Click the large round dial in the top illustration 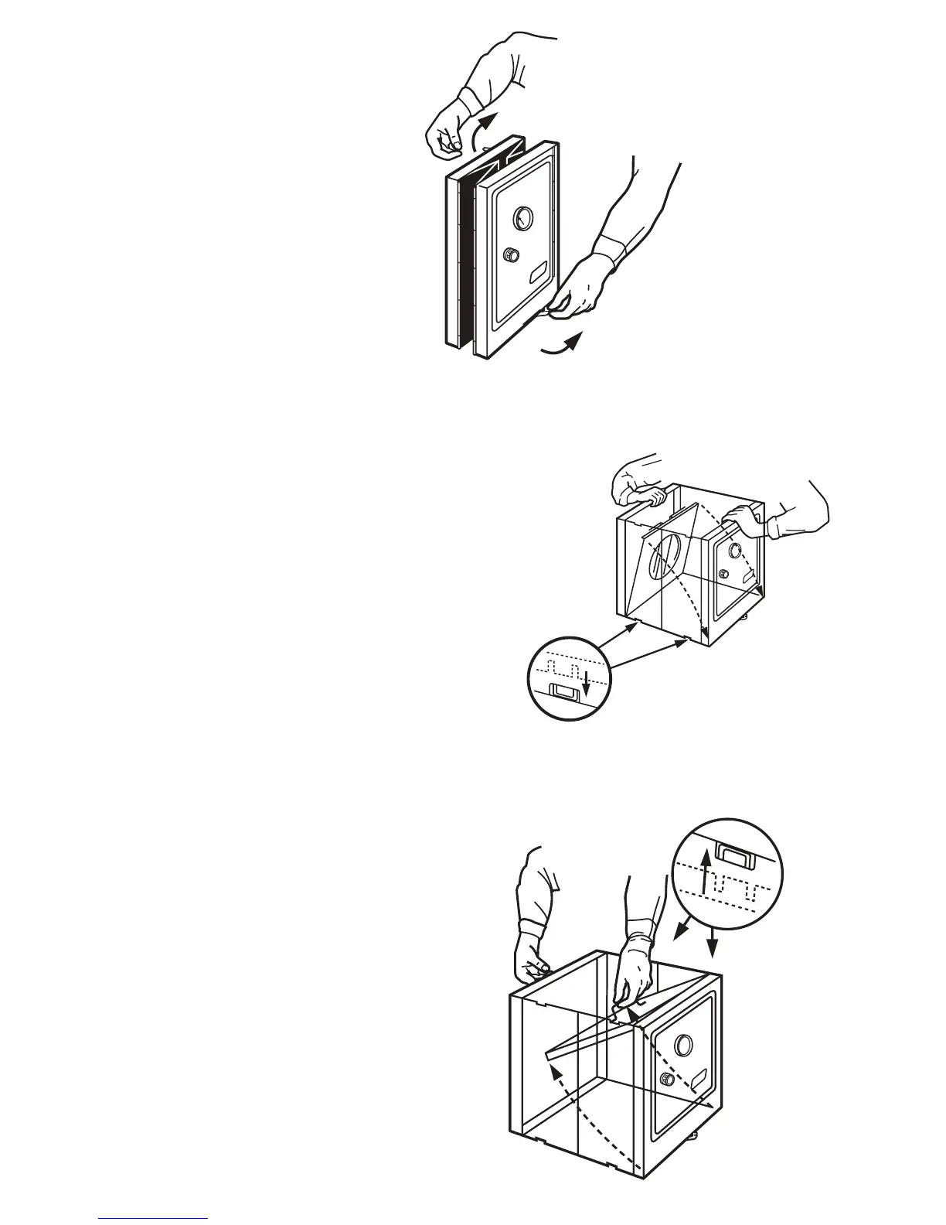click(x=522, y=217)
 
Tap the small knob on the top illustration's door click(x=511, y=254)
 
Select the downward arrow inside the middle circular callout click(x=586, y=681)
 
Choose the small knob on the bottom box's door click(x=667, y=1080)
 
